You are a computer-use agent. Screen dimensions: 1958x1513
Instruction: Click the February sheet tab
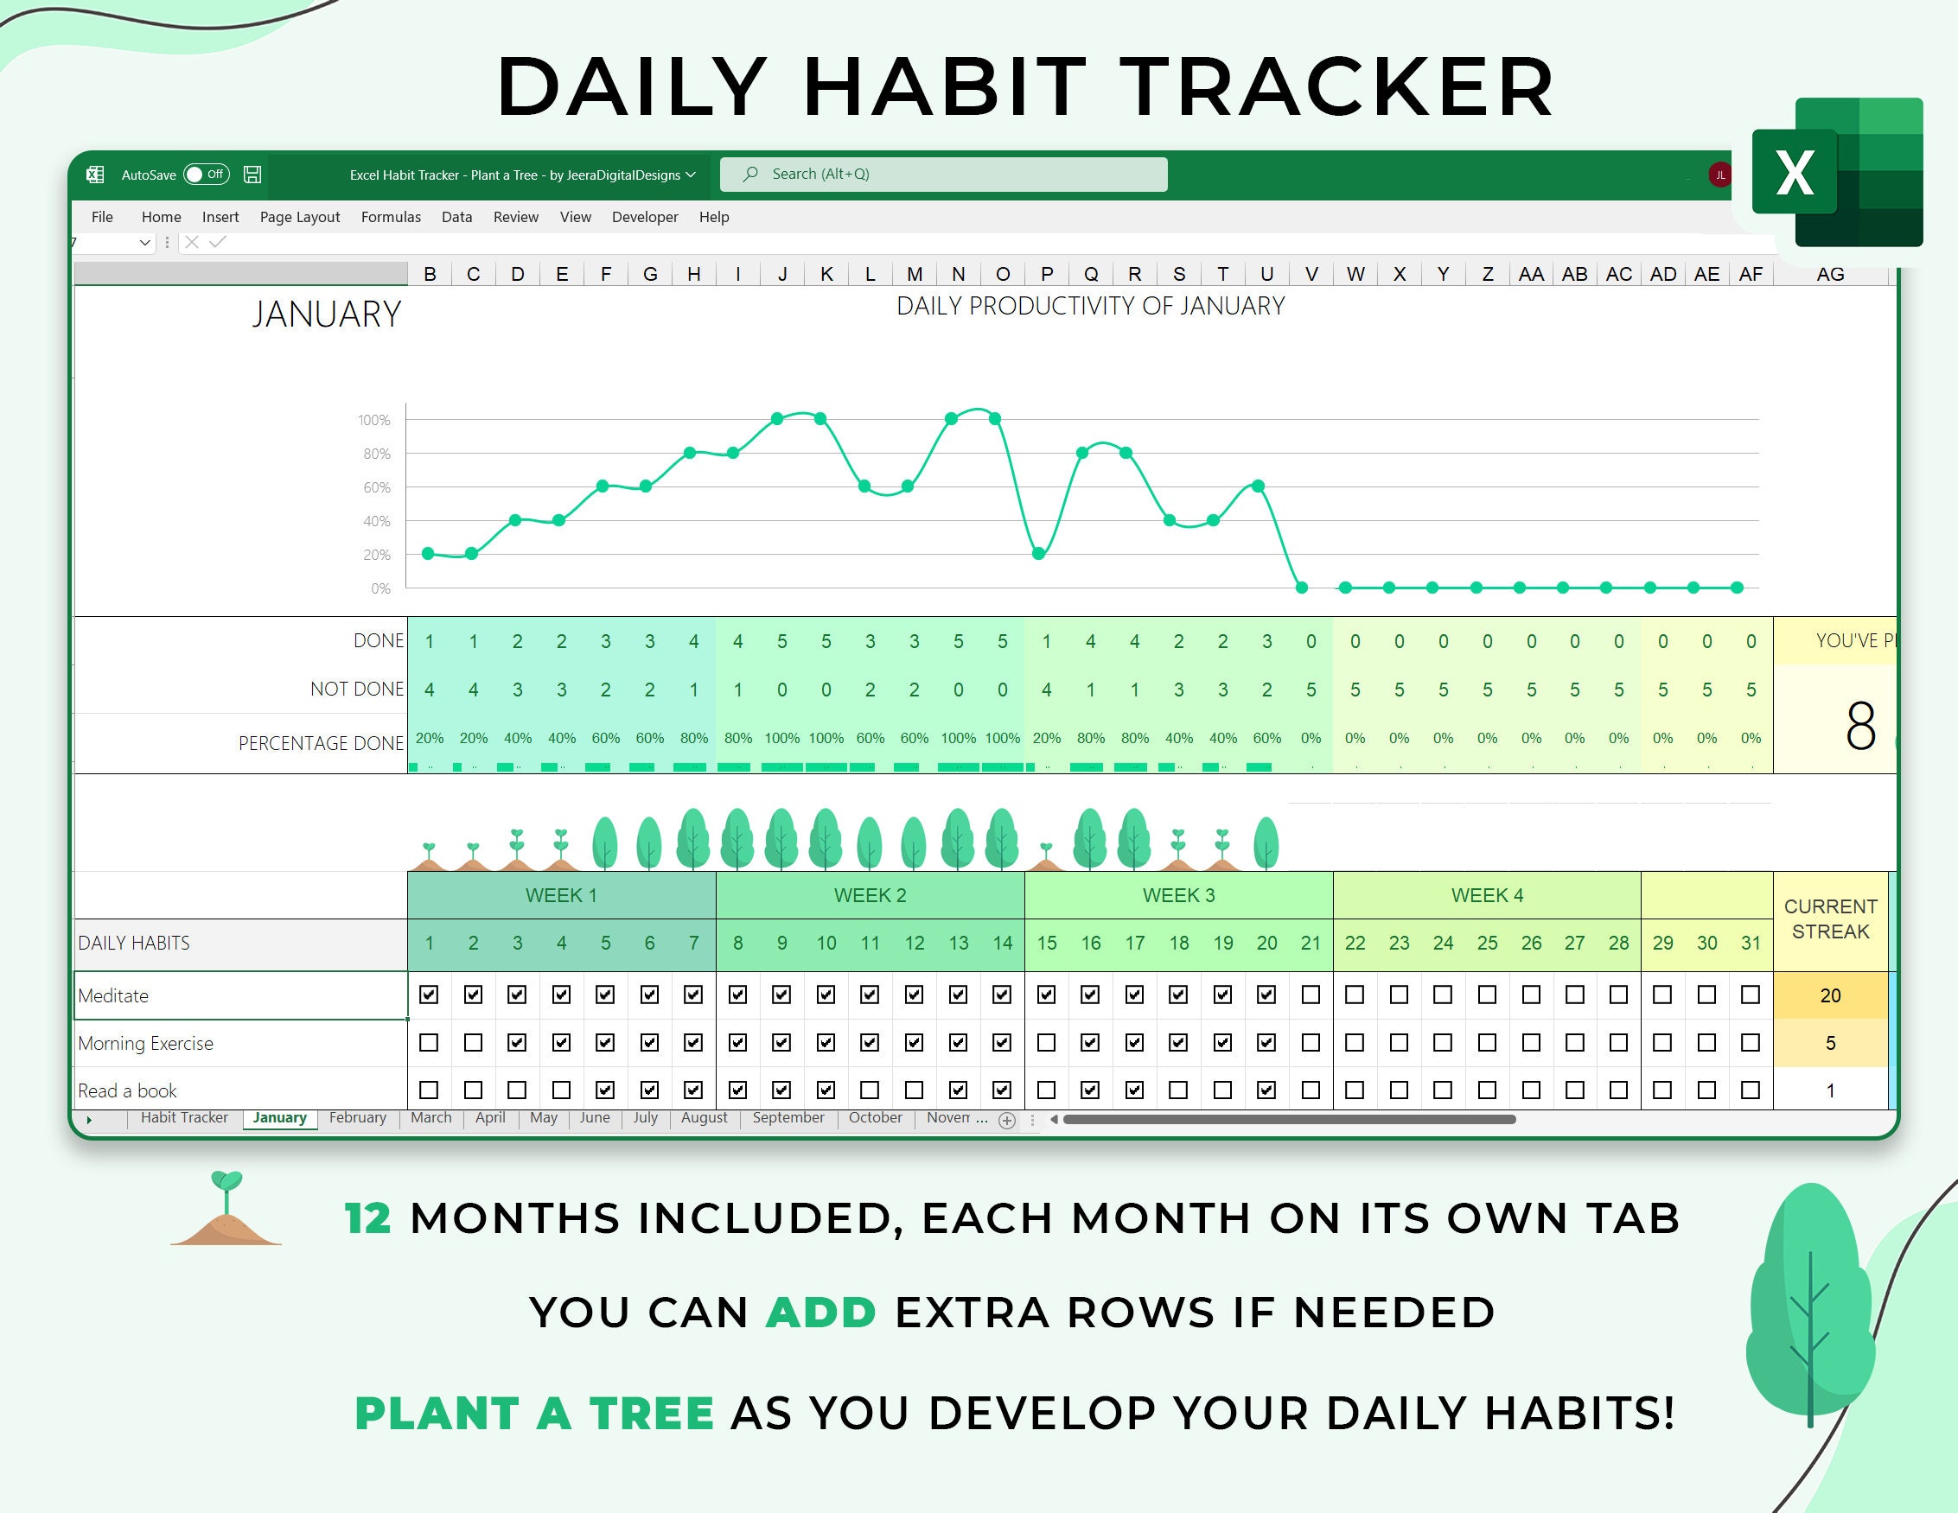357,1118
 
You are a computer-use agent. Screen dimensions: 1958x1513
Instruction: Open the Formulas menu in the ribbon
391,217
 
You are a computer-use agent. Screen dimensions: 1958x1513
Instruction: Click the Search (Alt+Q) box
943,174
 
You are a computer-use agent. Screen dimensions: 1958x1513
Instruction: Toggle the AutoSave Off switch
207,174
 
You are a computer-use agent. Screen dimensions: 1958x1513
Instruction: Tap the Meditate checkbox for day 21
1311,995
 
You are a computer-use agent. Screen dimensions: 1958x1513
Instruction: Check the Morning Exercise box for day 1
429,1042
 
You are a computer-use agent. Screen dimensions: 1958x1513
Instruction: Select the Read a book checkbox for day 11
870,1090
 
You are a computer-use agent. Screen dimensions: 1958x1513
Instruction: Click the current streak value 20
1830,995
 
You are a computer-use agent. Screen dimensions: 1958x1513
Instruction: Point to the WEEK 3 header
1178,895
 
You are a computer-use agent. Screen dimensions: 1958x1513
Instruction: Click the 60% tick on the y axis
377,487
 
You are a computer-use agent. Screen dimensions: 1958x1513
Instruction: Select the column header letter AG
1830,274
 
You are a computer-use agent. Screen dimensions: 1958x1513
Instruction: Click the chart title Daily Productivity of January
1090,307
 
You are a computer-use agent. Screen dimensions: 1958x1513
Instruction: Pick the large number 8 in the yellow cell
1860,726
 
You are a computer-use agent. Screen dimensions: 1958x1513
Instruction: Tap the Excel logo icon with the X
1837,172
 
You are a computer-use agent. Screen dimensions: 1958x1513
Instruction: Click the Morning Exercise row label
145,1043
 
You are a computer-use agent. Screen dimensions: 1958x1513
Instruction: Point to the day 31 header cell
1751,943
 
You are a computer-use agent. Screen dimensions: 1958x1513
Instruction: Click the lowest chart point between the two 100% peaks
864,486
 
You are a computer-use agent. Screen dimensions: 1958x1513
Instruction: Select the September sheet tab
788,1118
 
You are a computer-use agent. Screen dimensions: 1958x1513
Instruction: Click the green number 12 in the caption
367,1218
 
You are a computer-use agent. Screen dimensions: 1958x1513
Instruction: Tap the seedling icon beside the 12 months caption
226,1208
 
